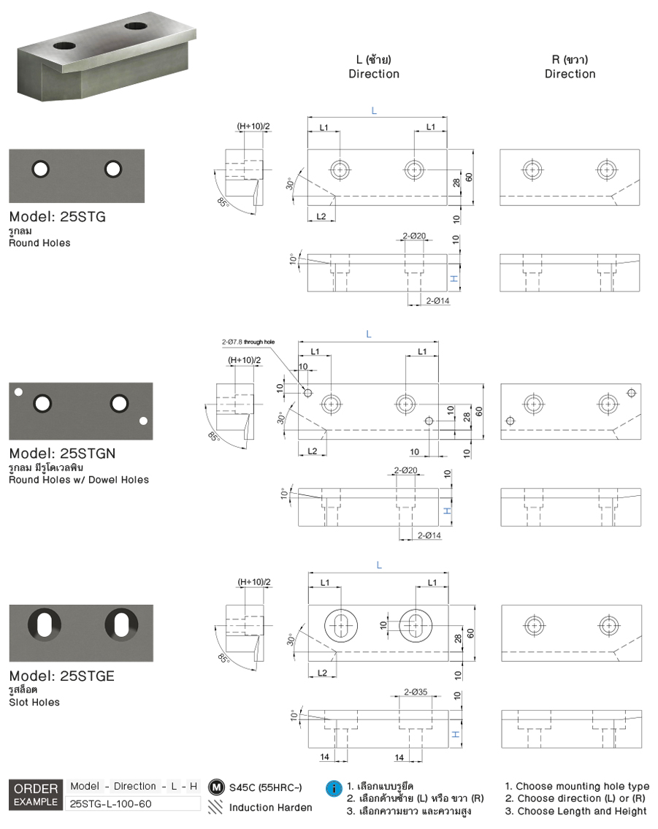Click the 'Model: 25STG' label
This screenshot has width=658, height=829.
(62, 217)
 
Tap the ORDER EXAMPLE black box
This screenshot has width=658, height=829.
(35, 795)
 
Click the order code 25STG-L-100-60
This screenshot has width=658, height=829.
(110, 803)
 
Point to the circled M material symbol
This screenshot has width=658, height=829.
(215, 787)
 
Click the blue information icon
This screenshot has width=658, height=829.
(334, 789)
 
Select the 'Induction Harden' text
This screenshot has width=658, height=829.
(270, 807)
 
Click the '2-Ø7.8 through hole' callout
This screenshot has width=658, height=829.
(248, 341)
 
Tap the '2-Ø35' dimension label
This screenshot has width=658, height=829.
(416, 691)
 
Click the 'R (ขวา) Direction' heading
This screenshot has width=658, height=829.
(570, 66)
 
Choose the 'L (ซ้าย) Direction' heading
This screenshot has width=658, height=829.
(374, 66)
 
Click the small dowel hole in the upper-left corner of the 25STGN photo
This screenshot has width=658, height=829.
(19, 391)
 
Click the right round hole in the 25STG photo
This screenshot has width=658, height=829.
(112, 169)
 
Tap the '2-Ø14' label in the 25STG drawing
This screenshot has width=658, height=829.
(437, 301)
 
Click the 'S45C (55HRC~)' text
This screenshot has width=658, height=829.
(265, 788)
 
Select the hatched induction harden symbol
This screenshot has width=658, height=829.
(215, 807)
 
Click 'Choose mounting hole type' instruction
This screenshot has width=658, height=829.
(577, 786)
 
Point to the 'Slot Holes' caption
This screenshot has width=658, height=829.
(34, 702)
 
